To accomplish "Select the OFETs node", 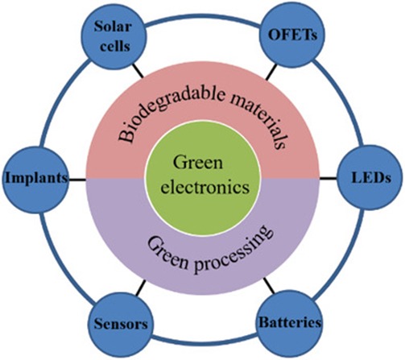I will coord(287,36).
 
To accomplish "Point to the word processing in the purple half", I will coord(233,242).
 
